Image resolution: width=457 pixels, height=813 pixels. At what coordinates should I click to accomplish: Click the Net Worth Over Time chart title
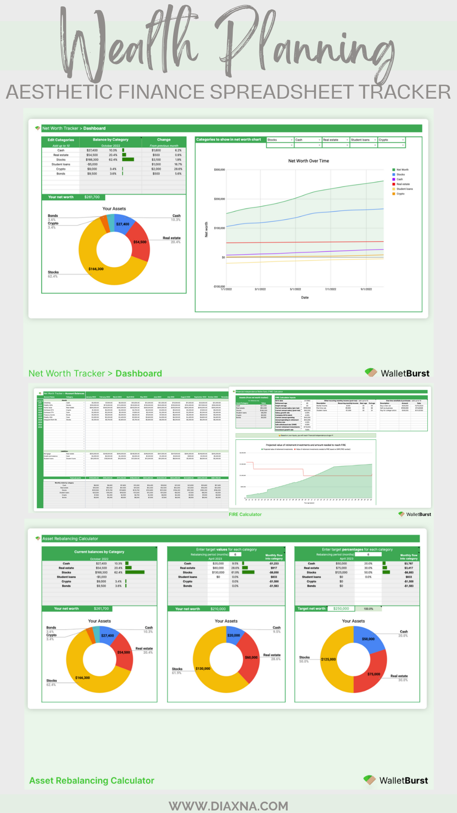click(308, 161)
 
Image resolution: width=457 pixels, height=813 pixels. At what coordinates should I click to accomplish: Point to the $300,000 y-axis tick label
click(219, 170)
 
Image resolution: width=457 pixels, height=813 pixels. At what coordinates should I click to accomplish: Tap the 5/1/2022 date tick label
click(295, 289)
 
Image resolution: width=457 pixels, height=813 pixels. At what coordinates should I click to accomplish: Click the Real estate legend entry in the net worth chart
click(402, 184)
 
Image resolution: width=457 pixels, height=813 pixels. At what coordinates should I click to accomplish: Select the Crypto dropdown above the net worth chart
click(391, 140)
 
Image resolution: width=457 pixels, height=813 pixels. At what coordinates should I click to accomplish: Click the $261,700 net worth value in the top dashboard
click(92, 197)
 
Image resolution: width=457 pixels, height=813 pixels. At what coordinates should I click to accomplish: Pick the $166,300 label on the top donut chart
click(96, 269)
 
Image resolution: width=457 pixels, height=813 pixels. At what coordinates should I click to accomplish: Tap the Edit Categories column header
click(61, 140)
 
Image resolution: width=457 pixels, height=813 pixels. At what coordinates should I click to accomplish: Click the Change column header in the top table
click(164, 140)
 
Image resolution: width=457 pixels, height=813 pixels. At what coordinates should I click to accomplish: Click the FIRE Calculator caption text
click(245, 514)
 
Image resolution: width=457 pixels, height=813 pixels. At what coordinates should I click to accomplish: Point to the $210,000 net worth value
click(218, 609)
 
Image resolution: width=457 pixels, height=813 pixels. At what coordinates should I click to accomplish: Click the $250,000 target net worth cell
click(341, 609)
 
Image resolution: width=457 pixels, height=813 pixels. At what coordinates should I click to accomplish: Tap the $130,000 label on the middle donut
click(203, 669)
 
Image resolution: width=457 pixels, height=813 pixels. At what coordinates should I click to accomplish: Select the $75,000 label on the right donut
click(374, 674)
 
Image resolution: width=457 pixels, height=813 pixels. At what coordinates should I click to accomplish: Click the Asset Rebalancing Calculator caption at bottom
click(92, 780)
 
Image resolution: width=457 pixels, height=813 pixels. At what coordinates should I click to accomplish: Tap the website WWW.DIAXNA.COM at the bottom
click(228, 806)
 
